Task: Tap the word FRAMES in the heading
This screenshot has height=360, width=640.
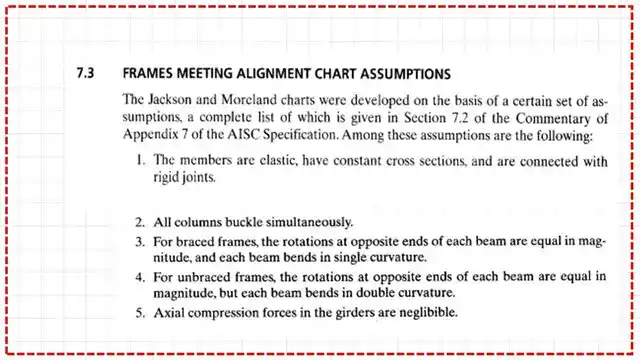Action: pos(148,74)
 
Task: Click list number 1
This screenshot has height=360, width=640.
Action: pos(141,160)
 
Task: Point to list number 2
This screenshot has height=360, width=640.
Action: pos(141,221)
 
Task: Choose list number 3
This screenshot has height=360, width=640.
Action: pos(141,242)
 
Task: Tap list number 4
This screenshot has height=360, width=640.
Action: pos(141,277)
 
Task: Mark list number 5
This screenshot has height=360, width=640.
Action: pos(141,312)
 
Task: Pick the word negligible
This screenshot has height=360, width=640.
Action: pos(423,312)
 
